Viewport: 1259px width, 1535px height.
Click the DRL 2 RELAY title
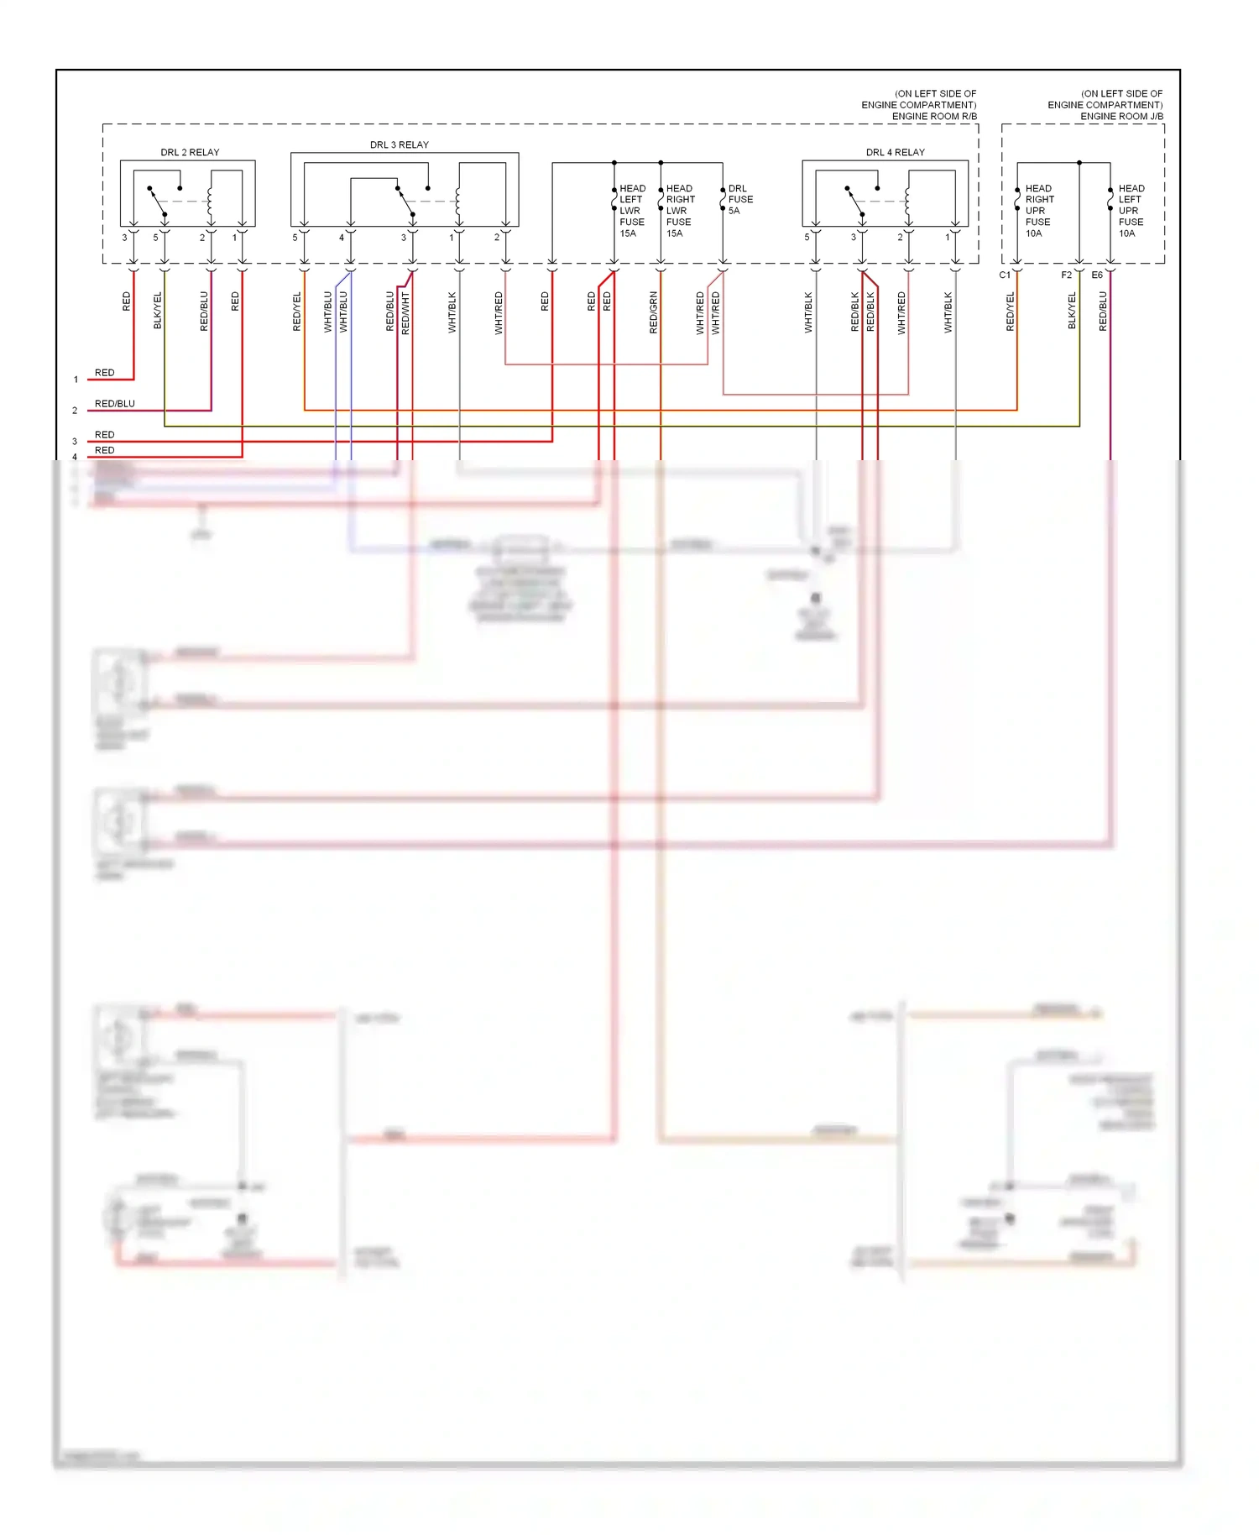point(190,152)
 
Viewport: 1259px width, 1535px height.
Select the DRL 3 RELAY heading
point(399,144)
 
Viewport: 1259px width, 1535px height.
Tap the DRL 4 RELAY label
point(895,152)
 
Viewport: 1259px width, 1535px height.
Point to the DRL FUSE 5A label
point(739,200)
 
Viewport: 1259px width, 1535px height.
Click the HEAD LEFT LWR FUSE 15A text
point(631,211)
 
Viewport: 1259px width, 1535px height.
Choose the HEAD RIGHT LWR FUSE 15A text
point(679,211)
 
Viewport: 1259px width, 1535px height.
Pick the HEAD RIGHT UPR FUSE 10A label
point(1039,211)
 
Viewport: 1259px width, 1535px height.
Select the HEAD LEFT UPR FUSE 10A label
point(1131,211)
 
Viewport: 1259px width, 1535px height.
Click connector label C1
point(1005,275)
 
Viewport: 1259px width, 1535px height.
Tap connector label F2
point(1066,275)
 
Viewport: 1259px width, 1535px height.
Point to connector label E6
point(1097,275)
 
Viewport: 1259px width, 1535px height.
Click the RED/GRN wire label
point(654,312)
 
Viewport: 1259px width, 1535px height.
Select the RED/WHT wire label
point(406,312)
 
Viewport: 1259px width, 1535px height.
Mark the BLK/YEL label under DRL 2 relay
point(158,310)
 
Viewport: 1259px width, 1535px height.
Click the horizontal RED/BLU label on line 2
point(114,404)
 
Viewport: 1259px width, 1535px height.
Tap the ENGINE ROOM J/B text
point(1121,116)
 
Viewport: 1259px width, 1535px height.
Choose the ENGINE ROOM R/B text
point(934,116)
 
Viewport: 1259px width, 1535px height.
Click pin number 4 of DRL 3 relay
point(342,238)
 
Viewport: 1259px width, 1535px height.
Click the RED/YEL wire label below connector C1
point(1011,311)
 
